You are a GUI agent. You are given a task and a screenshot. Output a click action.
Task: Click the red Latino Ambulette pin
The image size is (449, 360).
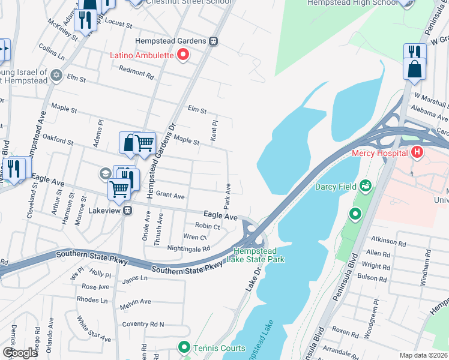click(x=183, y=56)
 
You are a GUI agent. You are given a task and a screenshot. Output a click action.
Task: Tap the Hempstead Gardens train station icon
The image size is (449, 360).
click(x=214, y=41)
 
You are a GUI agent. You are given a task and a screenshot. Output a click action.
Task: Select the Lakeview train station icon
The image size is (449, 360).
click(x=127, y=211)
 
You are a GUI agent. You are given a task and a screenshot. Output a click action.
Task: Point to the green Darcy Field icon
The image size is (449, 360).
click(x=364, y=186)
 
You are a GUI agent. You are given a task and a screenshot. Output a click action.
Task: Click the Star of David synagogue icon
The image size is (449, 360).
click(x=57, y=76)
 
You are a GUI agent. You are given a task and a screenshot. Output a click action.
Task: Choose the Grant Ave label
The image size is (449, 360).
click(x=170, y=196)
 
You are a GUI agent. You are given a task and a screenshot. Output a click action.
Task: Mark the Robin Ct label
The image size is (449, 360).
click(x=207, y=226)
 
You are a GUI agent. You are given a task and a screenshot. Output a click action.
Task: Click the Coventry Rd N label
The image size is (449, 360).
click(x=143, y=324)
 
